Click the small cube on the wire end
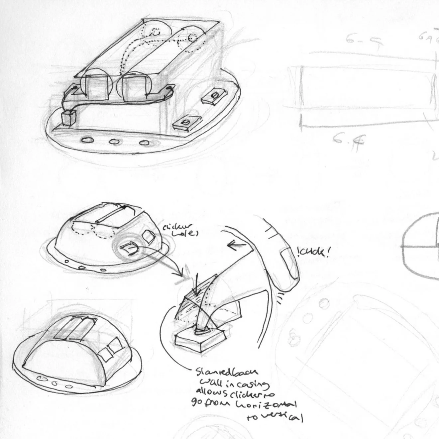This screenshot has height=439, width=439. (x=69, y=117)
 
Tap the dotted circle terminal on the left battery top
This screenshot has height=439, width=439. (x=157, y=32)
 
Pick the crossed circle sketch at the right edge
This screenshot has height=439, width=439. (x=420, y=246)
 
